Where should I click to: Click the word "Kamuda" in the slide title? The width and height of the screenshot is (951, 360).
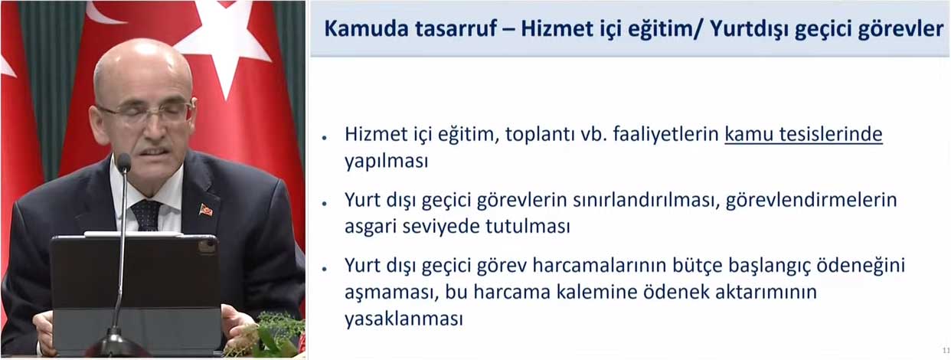367,29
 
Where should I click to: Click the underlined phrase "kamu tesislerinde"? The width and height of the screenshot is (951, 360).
803,134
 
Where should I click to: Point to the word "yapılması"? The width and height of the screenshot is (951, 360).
387,162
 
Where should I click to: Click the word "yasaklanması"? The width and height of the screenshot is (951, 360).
404,319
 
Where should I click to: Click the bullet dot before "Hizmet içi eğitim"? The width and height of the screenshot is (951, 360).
325,138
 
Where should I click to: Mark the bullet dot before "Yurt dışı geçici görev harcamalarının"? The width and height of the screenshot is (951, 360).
325,269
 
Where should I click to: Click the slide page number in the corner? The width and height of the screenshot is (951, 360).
946,351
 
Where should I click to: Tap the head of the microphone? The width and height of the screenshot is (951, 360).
124,162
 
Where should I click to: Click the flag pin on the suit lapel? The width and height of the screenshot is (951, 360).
205,209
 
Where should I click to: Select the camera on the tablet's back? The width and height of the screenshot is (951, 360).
207,246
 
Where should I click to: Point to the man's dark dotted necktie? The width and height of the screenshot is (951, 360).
146,215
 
